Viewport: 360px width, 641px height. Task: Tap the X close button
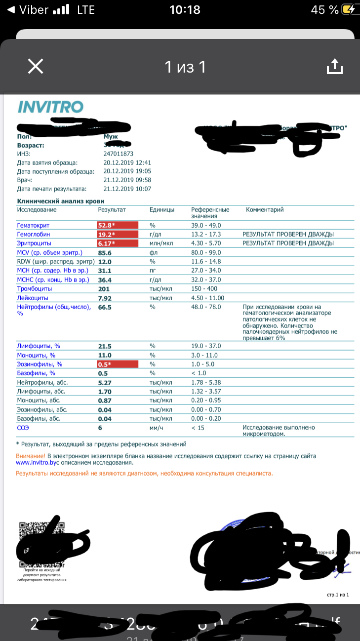pos(36,66)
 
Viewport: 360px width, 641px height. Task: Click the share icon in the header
pos(335,66)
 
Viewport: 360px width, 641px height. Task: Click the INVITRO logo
pos(50,107)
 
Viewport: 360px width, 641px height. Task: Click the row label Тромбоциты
pos(36,288)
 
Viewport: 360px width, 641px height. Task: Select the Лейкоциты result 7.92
pos(106,298)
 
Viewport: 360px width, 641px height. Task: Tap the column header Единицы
pos(162,209)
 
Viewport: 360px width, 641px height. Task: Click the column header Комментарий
pos(265,209)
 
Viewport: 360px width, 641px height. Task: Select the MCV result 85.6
pos(106,252)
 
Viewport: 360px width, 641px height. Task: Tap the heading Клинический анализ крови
pos(60,201)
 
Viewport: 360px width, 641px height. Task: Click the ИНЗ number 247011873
pos(116,154)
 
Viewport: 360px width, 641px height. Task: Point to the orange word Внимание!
pos(31,456)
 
